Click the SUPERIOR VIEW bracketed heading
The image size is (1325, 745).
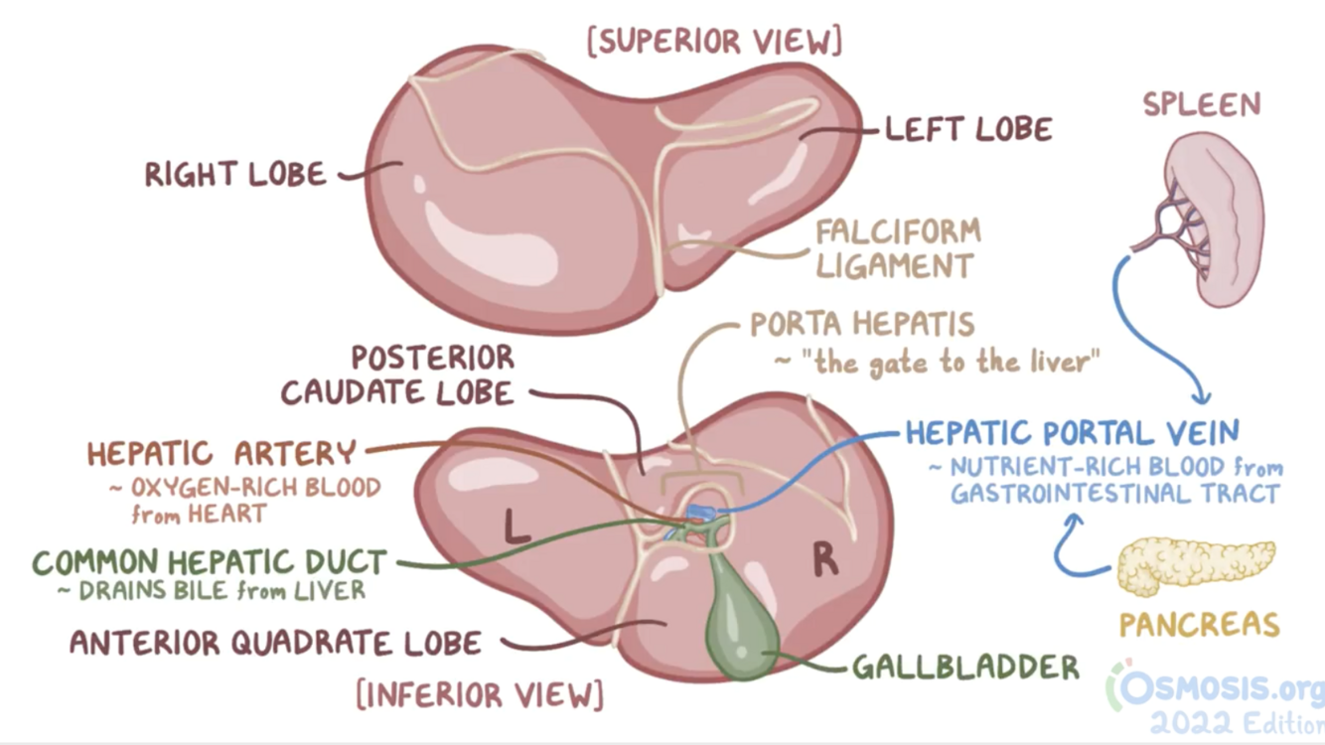pyautogui.click(x=714, y=42)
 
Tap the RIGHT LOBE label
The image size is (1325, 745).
pyautogui.click(x=235, y=176)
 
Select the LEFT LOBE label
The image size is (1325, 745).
pyautogui.click(x=968, y=129)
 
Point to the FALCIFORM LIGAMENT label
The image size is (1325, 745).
pyautogui.click(x=897, y=248)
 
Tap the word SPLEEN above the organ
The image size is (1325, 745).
pyautogui.click(x=1201, y=104)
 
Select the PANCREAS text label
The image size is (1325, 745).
pyautogui.click(x=1199, y=624)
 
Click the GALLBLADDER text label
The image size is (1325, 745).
pyautogui.click(x=965, y=667)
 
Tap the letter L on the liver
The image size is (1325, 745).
pyautogui.click(x=515, y=526)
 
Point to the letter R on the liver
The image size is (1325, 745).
pyautogui.click(x=824, y=561)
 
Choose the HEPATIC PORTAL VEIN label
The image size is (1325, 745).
pyautogui.click(x=1072, y=433)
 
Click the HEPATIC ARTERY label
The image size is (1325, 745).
pyautogui.click(x=221, y=454)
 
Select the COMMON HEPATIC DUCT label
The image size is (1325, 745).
pyautogui.click(x=210, y=562)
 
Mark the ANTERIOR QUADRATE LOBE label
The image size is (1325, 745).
pyautogui.click(x=275, y=643)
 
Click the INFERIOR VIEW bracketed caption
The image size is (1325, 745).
pyautogui.click(x=480, y=694)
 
